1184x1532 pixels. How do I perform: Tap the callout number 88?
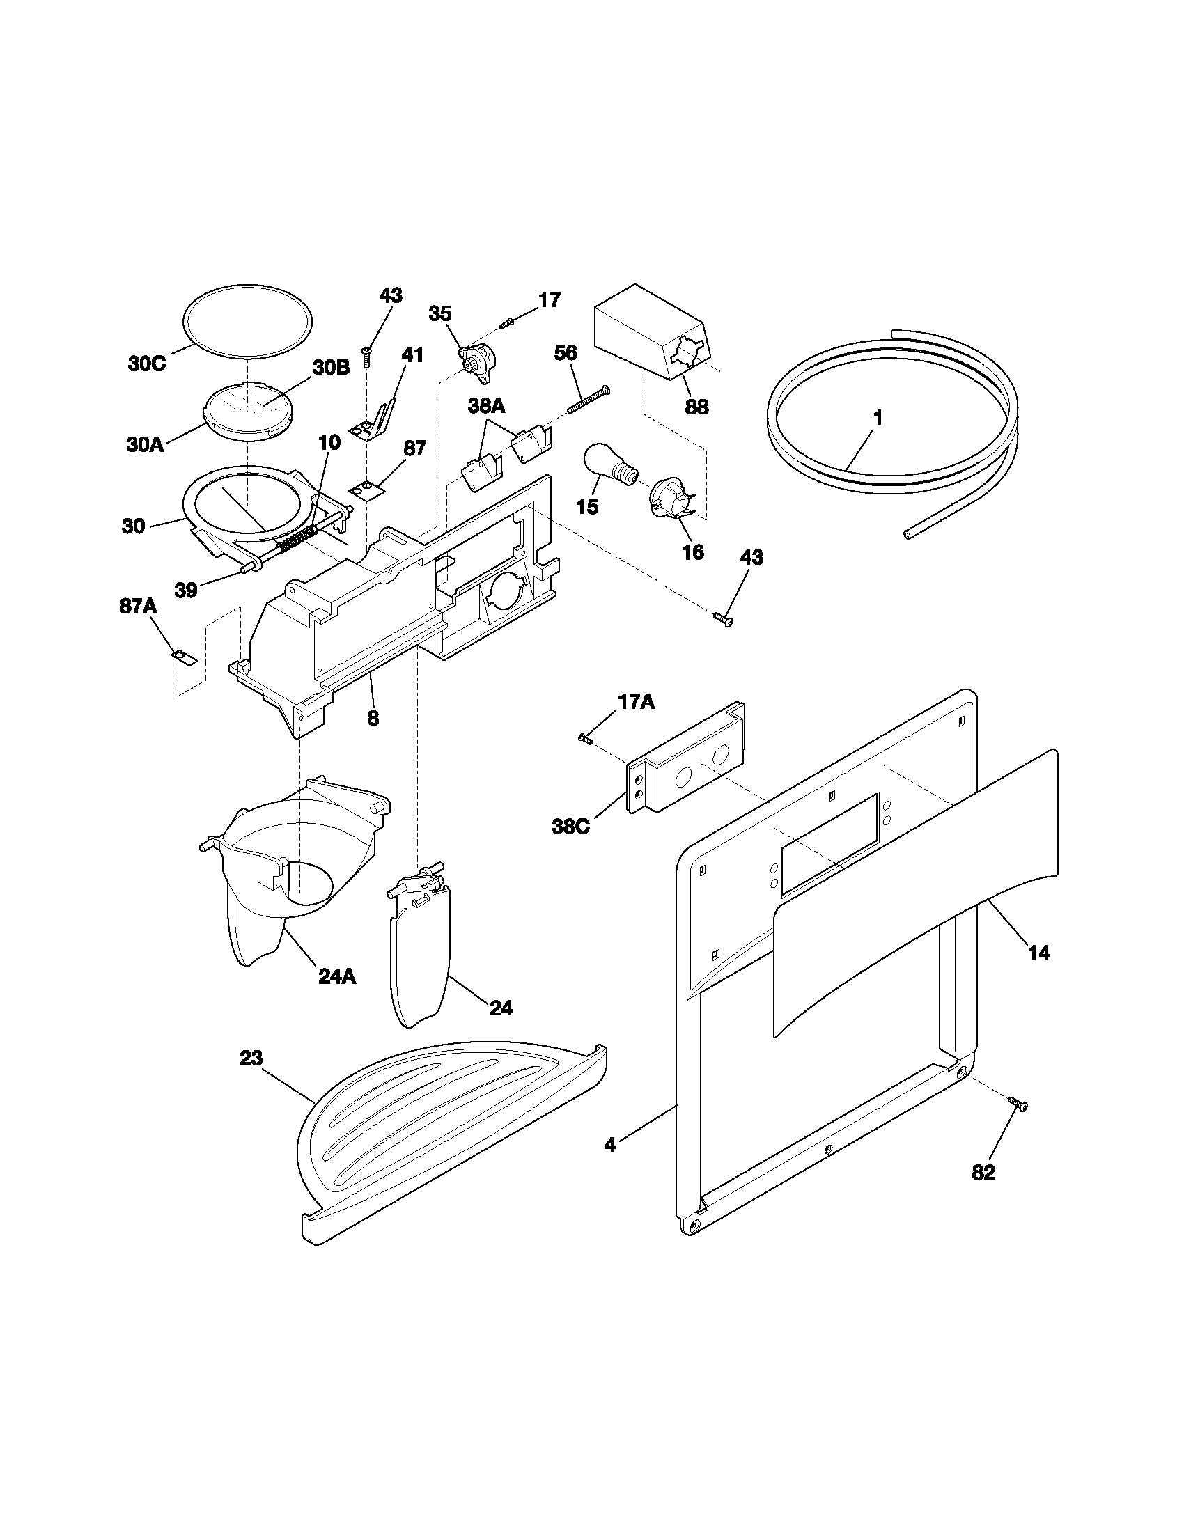click(696, 406)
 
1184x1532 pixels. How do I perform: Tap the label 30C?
click(146, 364)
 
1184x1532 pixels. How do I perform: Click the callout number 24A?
click(336, 976)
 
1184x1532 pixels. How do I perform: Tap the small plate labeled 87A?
click(185, 657)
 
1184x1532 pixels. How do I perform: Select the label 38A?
click(487, 407)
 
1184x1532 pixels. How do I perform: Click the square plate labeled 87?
click(367, 487)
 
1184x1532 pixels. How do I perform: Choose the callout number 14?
click(1039, 953)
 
